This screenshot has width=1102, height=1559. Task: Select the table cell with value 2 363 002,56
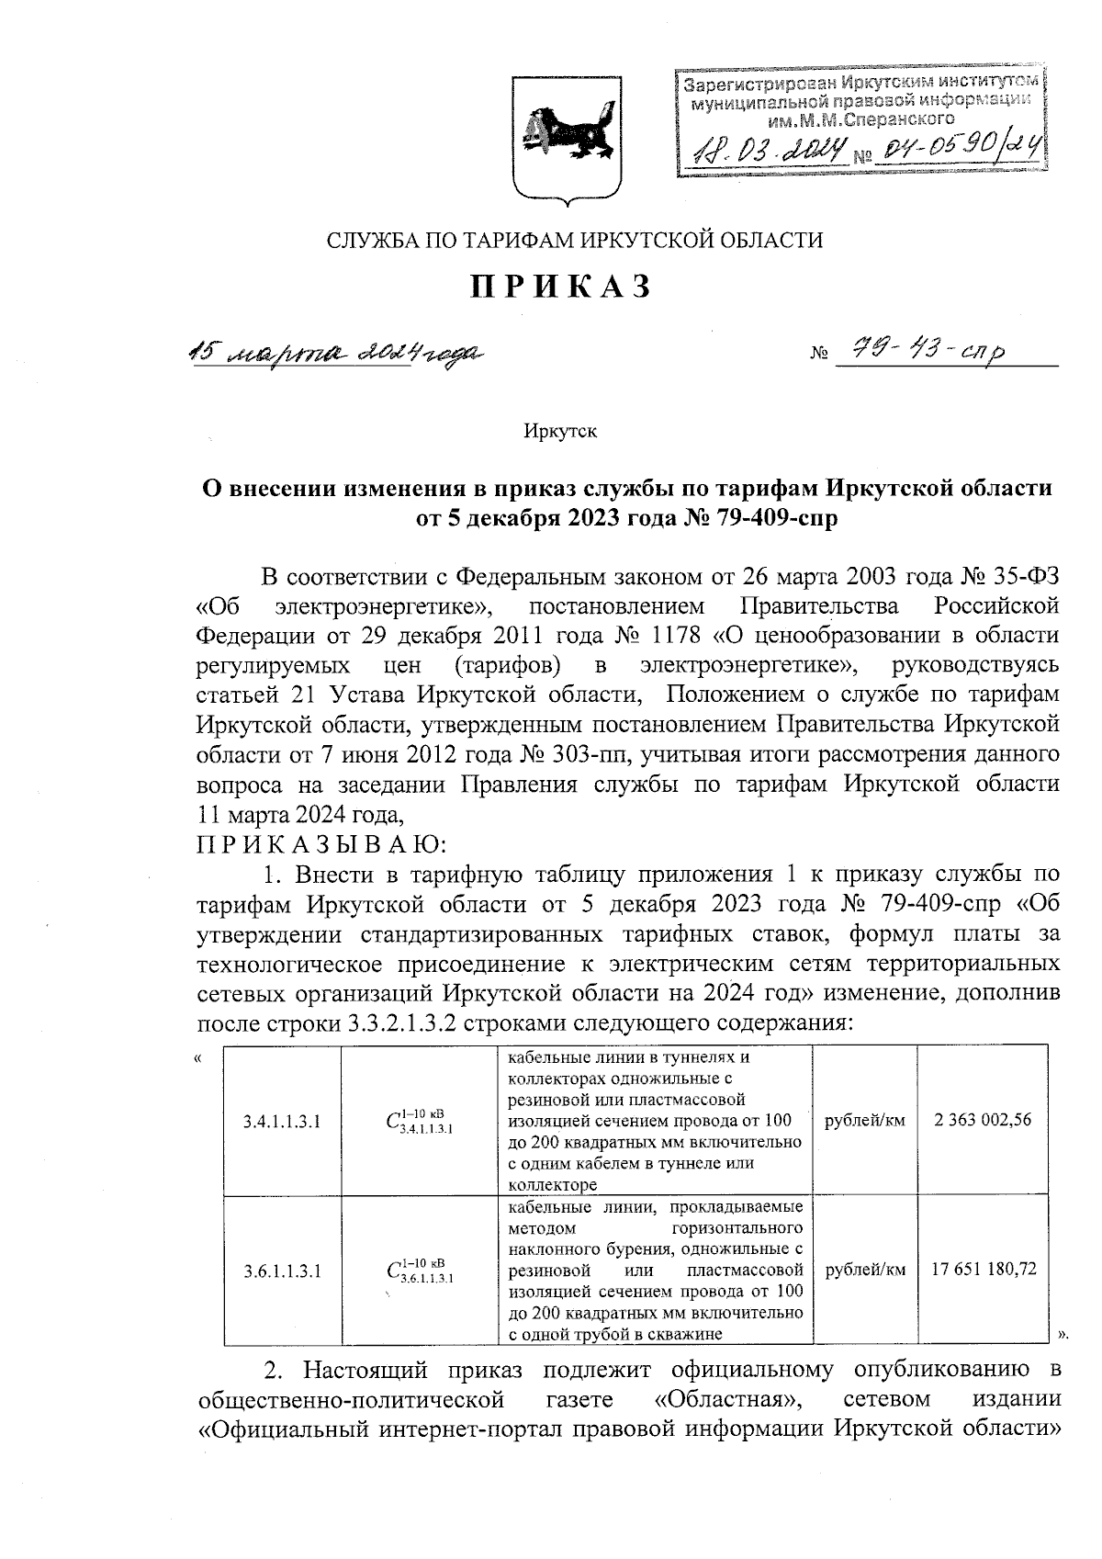tap(983, 1120)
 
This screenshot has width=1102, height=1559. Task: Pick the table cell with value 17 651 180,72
tap(983, 1270)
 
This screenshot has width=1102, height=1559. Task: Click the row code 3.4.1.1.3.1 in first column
tap(282, 1121)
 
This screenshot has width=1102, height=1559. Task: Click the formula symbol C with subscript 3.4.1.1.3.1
tap(419, 1121)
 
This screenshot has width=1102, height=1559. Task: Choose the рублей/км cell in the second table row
tap(866, 1270)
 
